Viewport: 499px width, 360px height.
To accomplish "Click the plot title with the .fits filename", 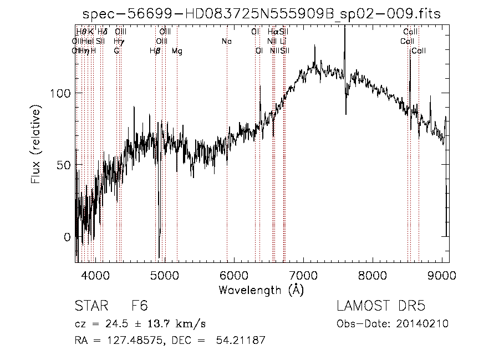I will click(x=261, y=14).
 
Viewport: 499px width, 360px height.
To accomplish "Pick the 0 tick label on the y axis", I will click(x=67, y=237).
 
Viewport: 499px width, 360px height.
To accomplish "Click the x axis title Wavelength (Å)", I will click(x=261, y=290).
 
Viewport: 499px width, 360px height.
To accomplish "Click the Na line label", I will click(x=226, y=42).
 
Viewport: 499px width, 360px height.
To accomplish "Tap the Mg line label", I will click(x=177, y=51).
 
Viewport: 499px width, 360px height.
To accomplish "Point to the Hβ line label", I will click(x=155, y=51).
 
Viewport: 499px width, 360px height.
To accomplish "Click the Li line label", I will click(x=283, y=42).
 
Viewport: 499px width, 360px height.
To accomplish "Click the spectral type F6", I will click(x=139, y=307).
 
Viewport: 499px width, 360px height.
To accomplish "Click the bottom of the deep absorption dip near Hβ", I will click(x=159, y=257).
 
